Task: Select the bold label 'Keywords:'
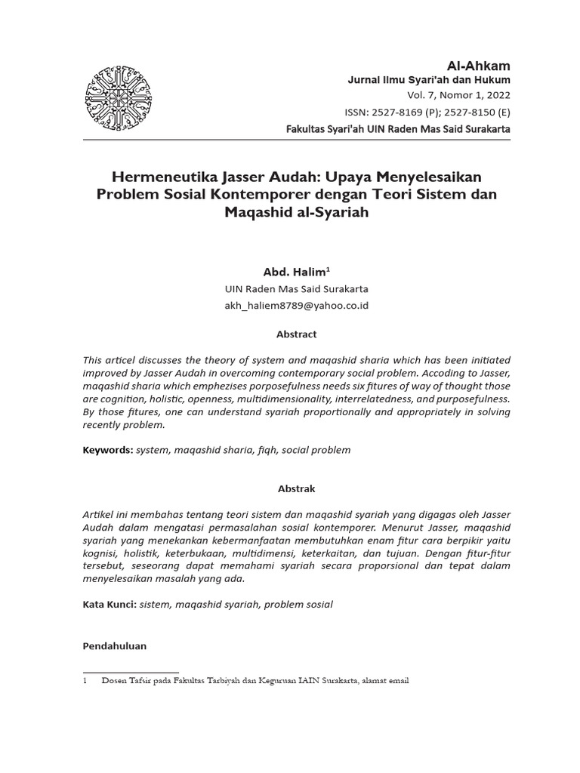107,450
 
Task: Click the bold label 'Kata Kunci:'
109,605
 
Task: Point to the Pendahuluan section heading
114,646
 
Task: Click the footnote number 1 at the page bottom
85,681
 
